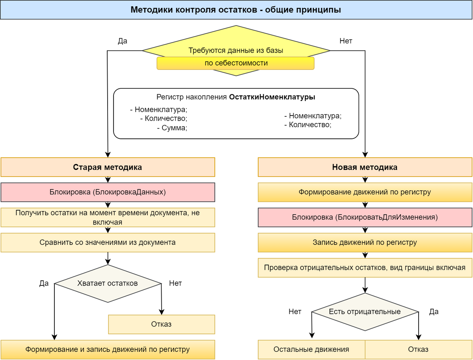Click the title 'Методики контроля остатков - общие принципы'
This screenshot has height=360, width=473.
[236, 10]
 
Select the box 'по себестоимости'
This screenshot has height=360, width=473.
[236, 63]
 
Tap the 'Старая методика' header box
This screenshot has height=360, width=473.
[108, 167]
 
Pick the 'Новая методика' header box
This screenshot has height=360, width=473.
[365, 167]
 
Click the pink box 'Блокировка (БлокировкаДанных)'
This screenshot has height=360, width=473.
[108, 192]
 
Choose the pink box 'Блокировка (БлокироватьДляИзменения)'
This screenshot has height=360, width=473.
[365, 217]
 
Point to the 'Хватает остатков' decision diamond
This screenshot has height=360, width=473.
[108, 283]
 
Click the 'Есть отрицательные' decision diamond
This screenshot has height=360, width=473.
[365, 312]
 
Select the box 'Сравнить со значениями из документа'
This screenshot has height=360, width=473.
[108, 242]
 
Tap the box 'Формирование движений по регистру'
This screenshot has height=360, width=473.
[365, 192]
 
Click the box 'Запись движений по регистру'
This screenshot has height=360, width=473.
[365, 242]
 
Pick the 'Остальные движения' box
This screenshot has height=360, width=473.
[311, 349]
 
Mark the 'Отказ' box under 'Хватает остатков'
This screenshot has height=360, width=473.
[161, 324]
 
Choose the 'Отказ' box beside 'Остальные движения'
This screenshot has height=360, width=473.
[418, 349]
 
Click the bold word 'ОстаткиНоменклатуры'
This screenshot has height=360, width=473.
[272, 97]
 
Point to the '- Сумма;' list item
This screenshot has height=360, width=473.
[172, 128]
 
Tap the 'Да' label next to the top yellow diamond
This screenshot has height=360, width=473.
[123, 41]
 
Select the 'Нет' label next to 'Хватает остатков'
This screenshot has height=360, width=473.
[175, 283]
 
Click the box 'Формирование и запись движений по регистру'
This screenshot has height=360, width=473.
[108, 349]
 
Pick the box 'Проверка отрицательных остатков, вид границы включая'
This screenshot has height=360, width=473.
[365, 268]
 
